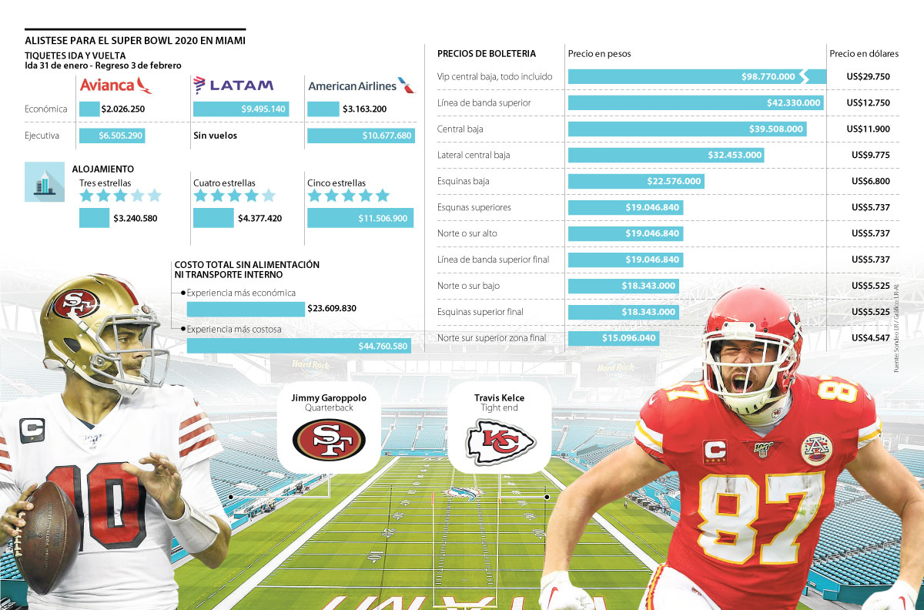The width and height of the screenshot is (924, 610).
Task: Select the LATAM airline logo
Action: pyautogui.click(x=233, y=85)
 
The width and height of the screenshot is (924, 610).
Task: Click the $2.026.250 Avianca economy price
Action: pyautogui.click(x=122, y=109)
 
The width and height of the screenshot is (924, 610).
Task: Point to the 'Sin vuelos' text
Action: pyautogui.click(x=215, y=136)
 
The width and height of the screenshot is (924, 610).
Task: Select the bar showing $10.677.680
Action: pyautogui.click(x=360, y=136)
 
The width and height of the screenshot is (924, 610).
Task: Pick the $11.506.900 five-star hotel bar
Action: pyautogui.click(x=360, y=218)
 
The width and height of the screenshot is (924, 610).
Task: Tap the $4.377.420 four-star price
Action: pyautogui.click(x=259, y=218)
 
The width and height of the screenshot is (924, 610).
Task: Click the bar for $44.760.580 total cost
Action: pyautogui.click(x=299, y=345)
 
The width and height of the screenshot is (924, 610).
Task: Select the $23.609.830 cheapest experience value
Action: pyautogui.click(x=331, y=309)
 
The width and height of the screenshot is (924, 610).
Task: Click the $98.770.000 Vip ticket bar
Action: pyautogui.click(x=696, y=76)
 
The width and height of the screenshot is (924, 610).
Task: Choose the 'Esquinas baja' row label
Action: pyautogui.click(x=463, y=181)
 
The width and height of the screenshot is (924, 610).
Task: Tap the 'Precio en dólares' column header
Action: pyautogui.click(x=863, y=54)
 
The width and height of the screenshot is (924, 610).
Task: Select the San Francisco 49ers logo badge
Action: pyautogui.click(x=329, y=438)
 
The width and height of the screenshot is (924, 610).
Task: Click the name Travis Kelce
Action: pyautogui.click(x=499, y=397)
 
